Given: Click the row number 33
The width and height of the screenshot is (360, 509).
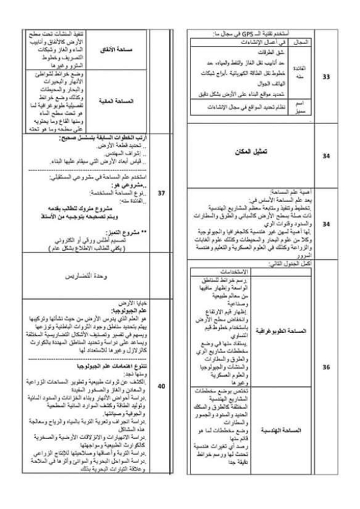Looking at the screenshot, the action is point(327,77).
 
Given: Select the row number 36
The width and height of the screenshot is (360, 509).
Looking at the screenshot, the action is point(327,368).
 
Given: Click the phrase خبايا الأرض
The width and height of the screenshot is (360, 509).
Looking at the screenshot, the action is point(134,301).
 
